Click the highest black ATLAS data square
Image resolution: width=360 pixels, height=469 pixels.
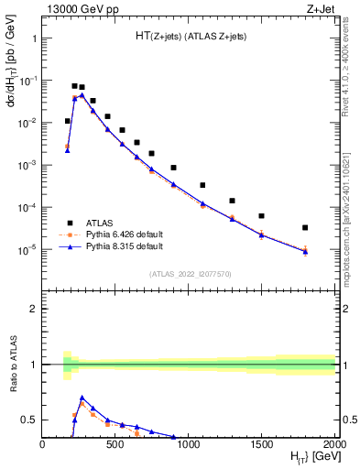click(74, 86)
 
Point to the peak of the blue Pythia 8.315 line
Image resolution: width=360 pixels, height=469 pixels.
click(82, 94)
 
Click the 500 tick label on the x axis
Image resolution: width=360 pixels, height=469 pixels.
click(115, 443)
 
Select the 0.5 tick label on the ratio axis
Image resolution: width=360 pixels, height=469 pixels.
click(28, 420)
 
